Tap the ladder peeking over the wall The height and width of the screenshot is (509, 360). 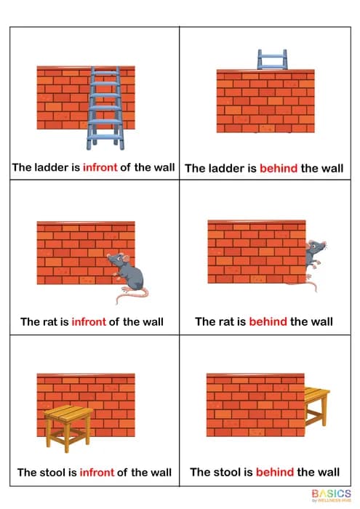[271, 59]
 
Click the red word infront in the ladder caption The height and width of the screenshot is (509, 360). [100, 168]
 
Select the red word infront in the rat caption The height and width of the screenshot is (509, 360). [89, 321]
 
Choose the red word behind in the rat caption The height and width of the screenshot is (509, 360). [268, 321]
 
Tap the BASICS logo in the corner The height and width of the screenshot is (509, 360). [330, 494]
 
